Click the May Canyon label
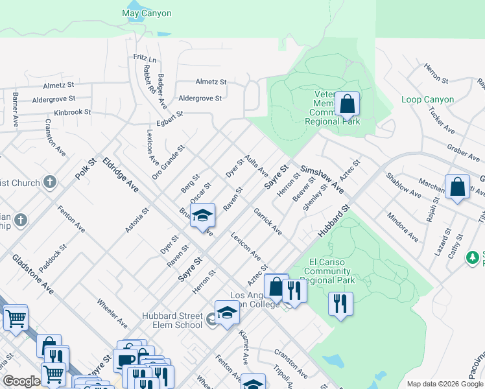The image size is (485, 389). [x=147, y=13]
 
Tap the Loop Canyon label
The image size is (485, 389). [x=428, y=100]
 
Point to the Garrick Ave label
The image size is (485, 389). [x=267, y=221]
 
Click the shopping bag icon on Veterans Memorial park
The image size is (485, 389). [x=347, y=104]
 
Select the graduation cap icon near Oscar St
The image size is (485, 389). [x=202, y=215]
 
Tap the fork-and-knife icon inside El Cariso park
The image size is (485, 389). [x=340, y=304]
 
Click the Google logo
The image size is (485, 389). [x=21, y=381]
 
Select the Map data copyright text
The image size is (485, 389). [x=444, y=384]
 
